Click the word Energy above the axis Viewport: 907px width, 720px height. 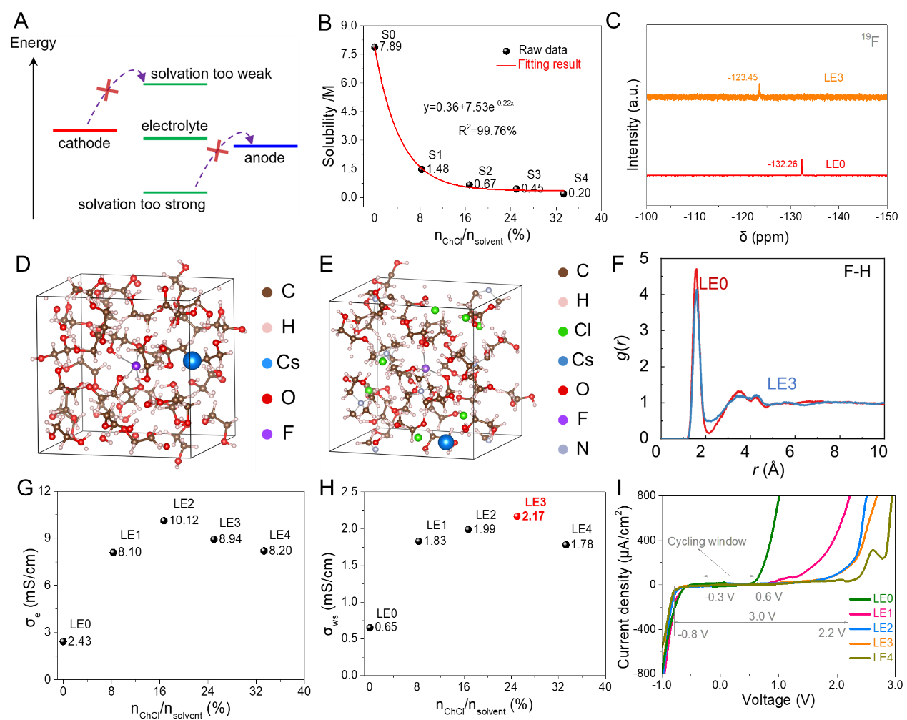click(33, 43)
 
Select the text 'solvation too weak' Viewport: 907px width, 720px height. click(211, 74)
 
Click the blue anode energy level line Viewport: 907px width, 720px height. click(265, 146)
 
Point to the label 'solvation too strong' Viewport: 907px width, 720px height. click(142, 204)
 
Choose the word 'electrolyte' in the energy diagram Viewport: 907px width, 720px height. click(174, 126)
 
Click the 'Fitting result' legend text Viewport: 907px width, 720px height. click(549, 64)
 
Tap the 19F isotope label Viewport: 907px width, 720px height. click(871, 40)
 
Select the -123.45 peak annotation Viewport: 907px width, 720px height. click(743, 77)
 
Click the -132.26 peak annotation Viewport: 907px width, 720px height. click(783, 164)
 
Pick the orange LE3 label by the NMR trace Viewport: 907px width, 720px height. click(833, 77)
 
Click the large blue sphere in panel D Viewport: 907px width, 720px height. click(192, 360)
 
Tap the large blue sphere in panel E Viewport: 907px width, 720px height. click(446, 442)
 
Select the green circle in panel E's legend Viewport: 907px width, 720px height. click(563, 332)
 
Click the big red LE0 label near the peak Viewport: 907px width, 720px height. click(713, 284)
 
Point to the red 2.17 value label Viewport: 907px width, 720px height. click(533, 516)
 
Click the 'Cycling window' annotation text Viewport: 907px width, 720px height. click(707, 541)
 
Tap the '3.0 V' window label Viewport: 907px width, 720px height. click(762, 616)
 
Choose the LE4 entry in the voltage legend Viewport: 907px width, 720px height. click(883, 657)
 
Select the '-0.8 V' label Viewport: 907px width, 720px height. click(693, 634)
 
